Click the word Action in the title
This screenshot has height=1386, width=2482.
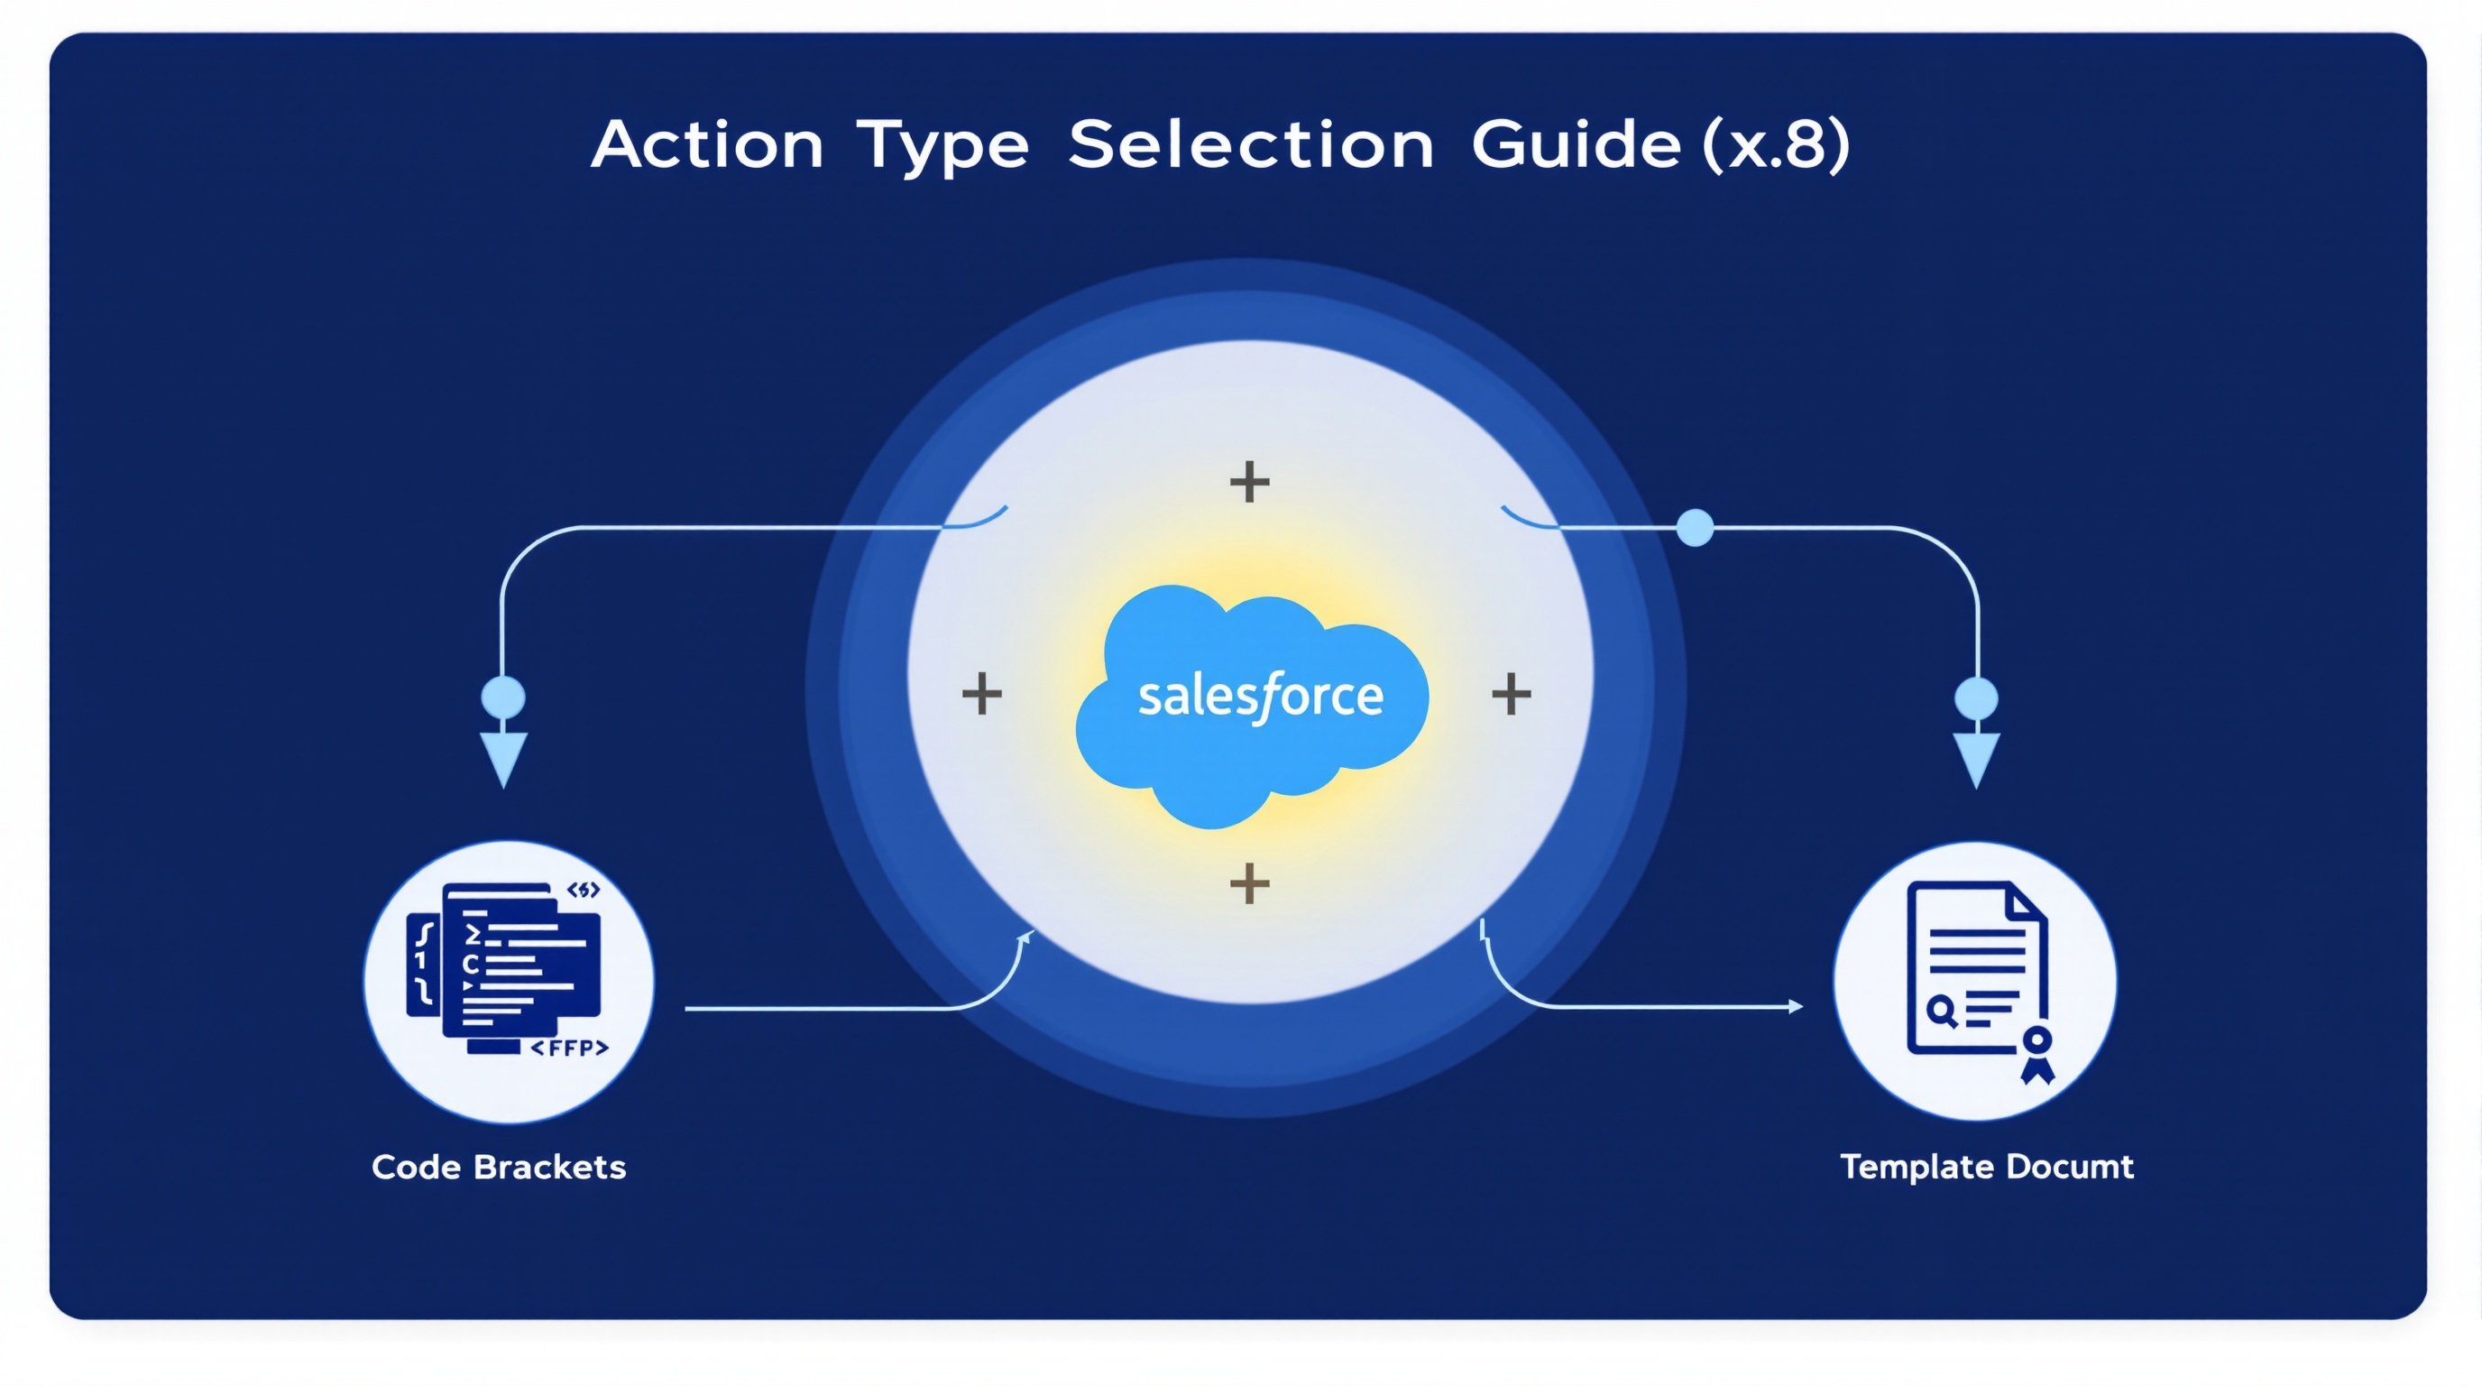click(x=707, y=145)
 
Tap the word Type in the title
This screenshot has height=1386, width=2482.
click(x=942, y=147)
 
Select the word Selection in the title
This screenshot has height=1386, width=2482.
click(x=1251, y=145)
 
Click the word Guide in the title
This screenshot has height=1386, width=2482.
click(x=1577, y=145)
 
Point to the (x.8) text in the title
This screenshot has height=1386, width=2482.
click(x=1776, y=145)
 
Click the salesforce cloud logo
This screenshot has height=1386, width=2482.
click(x=1253, y=704)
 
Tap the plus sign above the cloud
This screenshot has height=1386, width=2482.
click(x=1250, y=482)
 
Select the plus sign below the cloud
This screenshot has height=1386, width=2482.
click(x=1250, y=882)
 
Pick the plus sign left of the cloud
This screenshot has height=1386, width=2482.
click(x=982, y=694)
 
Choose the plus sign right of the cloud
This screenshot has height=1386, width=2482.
click(x=1511, y=694)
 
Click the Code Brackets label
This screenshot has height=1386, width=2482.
click(x=499, y=1168)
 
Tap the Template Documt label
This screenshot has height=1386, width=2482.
click(x=1987, y=1168)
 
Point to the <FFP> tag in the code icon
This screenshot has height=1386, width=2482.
click(x=569, y=1048)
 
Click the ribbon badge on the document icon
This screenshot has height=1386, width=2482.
click(x=2036, y=1053)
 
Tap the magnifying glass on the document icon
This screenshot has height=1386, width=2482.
click(x=1942, y=1010)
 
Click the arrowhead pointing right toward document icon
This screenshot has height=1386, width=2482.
click(x=1795, y=1006)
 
